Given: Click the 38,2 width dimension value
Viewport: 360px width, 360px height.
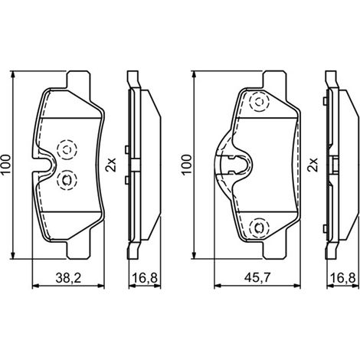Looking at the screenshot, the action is tap(68, 278).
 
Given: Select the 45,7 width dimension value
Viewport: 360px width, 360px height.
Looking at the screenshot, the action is tap(257, 278).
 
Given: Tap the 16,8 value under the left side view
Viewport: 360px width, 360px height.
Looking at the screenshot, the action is tap(145, 278).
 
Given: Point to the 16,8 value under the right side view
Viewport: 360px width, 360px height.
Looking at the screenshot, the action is tap(343, 278).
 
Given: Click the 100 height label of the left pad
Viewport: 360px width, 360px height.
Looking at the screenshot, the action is tap(5, 165).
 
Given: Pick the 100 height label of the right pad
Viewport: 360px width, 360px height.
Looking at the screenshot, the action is tap(186, 165).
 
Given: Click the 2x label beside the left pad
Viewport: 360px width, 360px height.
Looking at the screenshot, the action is tap(111, 165).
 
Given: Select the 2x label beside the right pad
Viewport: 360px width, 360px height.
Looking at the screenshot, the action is tap(313, 165).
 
